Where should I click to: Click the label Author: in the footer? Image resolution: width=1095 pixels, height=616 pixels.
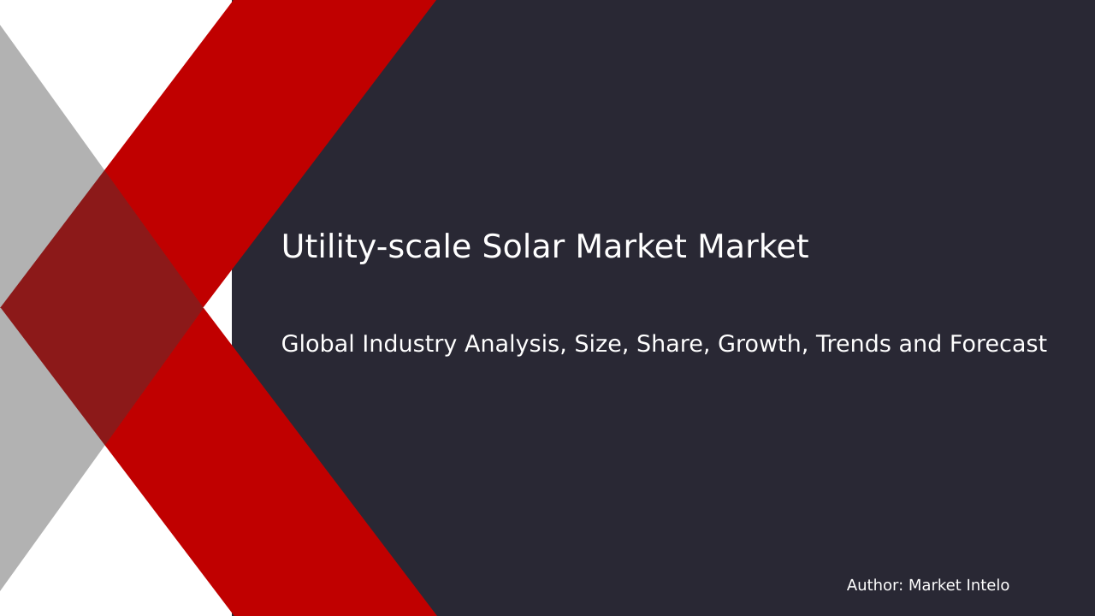(874, 586)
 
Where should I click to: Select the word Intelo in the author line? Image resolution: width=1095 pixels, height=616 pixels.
(986, 586)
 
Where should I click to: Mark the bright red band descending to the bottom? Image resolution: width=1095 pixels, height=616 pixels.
(282, 513)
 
